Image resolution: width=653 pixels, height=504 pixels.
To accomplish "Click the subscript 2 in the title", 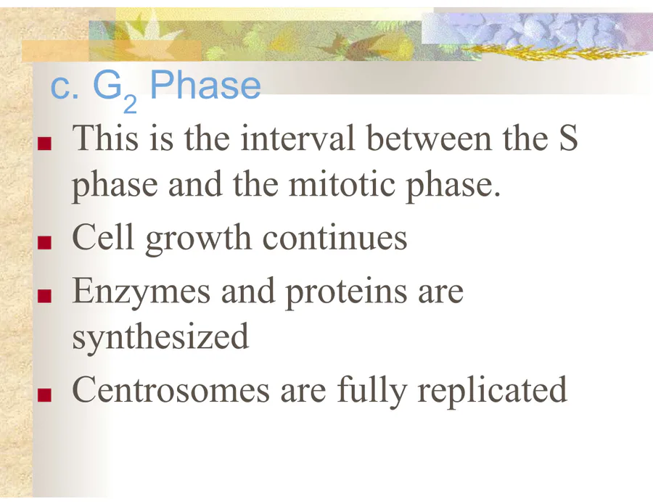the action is pyautogui.click(x=130, y=104).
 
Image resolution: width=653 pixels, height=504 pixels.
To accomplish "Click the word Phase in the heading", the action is pyautogui.click(x=205, y=85).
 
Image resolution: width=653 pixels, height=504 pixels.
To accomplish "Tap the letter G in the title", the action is pyautogui.click(x=107, y=85).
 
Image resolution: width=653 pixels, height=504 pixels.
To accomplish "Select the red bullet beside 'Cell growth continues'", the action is pyautogui.click(x=44, y=242).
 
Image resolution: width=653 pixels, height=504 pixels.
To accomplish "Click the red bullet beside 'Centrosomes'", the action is pyautogui.click(x=44, y=394).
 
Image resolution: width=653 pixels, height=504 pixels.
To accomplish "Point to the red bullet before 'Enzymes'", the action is pyautogui.click(x=44, y=295).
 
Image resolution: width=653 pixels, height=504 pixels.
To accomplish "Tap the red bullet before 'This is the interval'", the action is pyautogui.click(x=44, y=143).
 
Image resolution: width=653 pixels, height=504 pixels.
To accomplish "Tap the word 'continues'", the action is pyautogui.click(x=334, y=238).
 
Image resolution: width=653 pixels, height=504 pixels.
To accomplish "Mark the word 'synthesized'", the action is pyautogui.click(x=160, y=338).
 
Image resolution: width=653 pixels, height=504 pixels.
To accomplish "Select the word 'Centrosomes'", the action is pyautogui.click(x=171, y=390).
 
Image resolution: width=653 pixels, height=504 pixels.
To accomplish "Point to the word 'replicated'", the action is pyautogui.click(x=492, y=392).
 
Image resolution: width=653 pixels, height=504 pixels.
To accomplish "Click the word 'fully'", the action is pyautogui.click(x=371, y=392).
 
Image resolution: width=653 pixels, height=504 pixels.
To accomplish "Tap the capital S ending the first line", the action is pyautogui.click(x=568, y=137).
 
